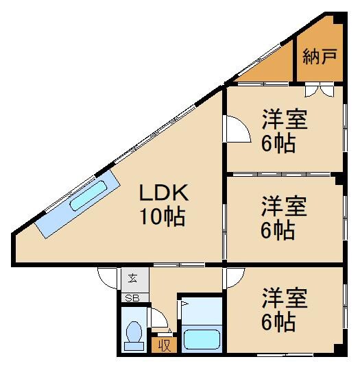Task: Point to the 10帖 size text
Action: tap(163, 217)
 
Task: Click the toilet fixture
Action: tap(135, 335)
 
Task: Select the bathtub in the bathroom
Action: tap(201, 338)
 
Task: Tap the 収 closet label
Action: tap(165, 345)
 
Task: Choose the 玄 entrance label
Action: tap(131, 280)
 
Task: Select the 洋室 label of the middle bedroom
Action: tap(283, 206)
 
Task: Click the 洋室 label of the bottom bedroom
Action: tap(283, 298)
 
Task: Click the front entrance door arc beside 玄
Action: tap(108, 275)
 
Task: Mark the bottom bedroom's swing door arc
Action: tap(235, 276)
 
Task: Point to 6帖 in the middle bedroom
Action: tap(278, 230)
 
